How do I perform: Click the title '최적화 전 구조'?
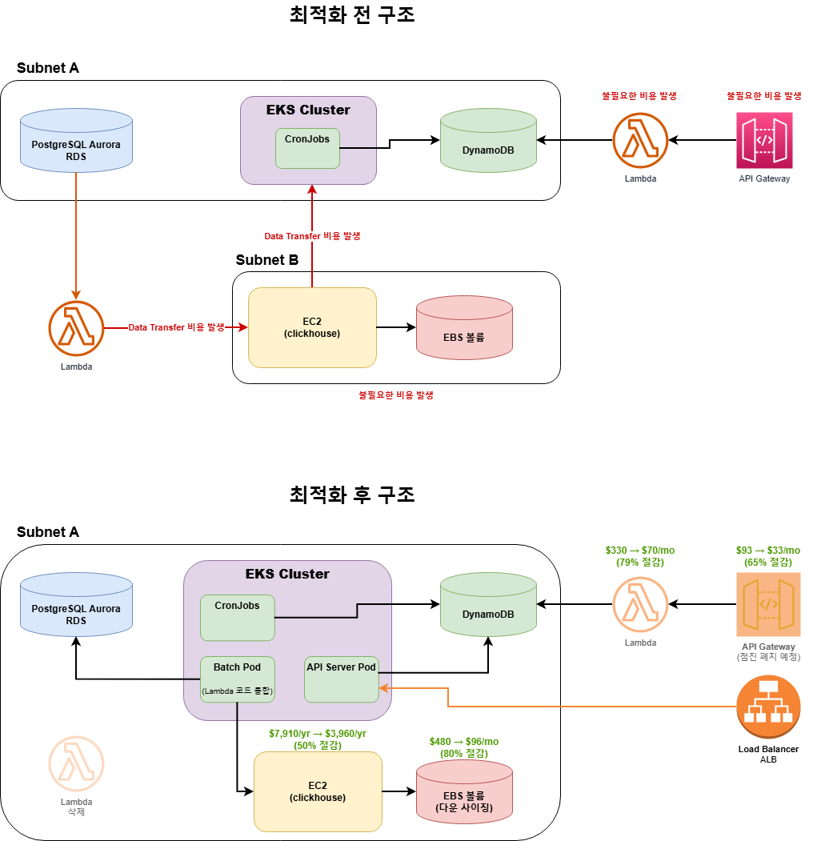click(x=352, y=15)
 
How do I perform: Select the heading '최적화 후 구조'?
click(x=352, y=495)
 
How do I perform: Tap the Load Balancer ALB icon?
click(x=767, y=707)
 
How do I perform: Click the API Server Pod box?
click(x=341, y=679)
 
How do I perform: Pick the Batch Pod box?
click(x=237, y=679)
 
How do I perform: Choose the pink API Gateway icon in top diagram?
click(x=764, y=140)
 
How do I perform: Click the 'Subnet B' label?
click(x=267, y=260)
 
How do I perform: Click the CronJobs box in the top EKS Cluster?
click(x=307, y=148)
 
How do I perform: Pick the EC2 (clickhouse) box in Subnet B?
click(x=312, y=327)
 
